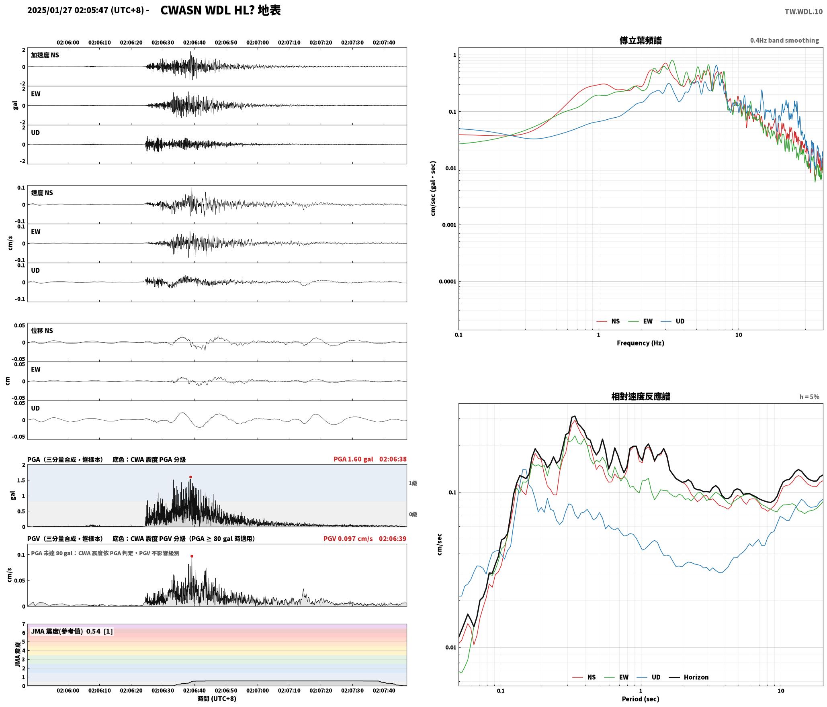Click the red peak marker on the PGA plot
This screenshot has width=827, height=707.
click(x=190, y=477)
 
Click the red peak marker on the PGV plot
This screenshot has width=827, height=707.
click(x=192, y=556)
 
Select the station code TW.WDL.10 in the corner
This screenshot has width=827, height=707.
click(x=804, y=12)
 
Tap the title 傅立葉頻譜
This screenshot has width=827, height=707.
click(x=641, y=40)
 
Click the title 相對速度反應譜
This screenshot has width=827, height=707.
click(x=641, y=396)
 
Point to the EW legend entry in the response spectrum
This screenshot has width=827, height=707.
click(x=616, y=677)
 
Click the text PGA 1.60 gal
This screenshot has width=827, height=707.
click(x=353, y=459)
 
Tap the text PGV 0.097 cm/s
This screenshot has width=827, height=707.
click(x=348, y=539)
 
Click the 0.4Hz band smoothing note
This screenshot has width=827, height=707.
click(x=784, y=41)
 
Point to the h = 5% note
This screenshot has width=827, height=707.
click(x=809, y=397)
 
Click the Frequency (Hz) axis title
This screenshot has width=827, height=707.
click(x=641, y=343)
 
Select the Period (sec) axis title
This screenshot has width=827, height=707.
click(x=641, y=699)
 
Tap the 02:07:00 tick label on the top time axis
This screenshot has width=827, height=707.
click(x=258, y=43)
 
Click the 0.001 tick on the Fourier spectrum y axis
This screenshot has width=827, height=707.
click(x=448, y=225)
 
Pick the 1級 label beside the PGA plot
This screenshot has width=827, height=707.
click(x=413, y=483)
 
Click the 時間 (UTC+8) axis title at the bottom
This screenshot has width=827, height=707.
click(x=217, y=699)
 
